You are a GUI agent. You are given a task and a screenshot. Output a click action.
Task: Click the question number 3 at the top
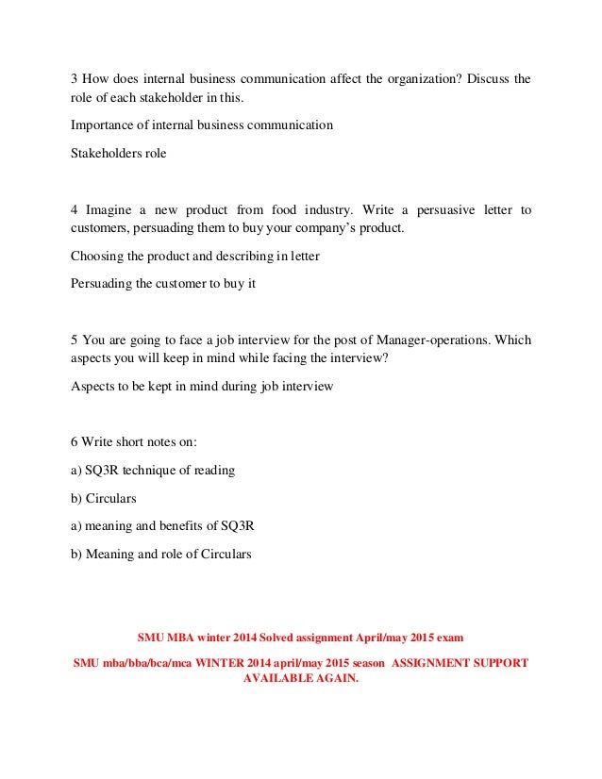click(x=75, y=78)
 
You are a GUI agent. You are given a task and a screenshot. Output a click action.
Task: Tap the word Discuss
click(x=485, y=78)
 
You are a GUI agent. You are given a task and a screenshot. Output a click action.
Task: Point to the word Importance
click(x=102, y=124)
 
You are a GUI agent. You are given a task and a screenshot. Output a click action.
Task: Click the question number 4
click(x=75, y=209)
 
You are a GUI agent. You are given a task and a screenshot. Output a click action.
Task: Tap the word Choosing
click(x=98, y=256)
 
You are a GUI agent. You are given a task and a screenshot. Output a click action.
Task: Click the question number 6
click(x=75, y=441)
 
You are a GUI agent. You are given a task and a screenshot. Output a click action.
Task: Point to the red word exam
click(x=447, y=636)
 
